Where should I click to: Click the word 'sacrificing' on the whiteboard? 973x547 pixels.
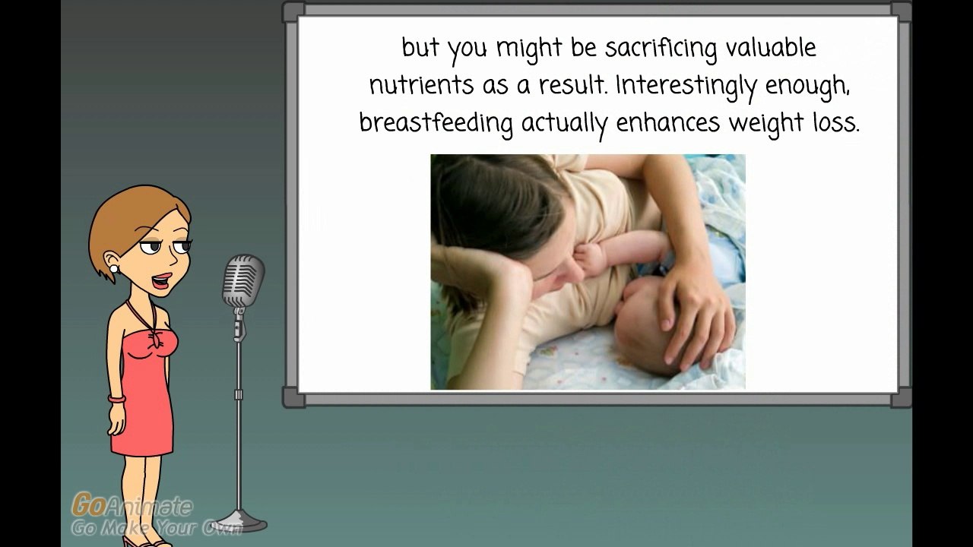(x=661, y=48)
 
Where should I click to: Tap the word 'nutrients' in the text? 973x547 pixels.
(x=421, y=85)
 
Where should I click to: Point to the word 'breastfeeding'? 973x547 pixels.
(x=436, y=124)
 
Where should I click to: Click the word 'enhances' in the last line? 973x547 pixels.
(x=668, y=123)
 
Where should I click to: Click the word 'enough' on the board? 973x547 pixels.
(x=807, y=87)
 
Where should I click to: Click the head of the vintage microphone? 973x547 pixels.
(x=243, y=281)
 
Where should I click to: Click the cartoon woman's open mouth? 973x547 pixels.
(x=161, y=281)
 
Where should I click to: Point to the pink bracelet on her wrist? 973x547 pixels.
(x=117, y=399)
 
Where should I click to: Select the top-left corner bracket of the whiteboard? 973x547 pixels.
(x=294, y=11)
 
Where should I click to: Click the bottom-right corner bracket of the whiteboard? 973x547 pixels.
(x=899, y=397)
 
